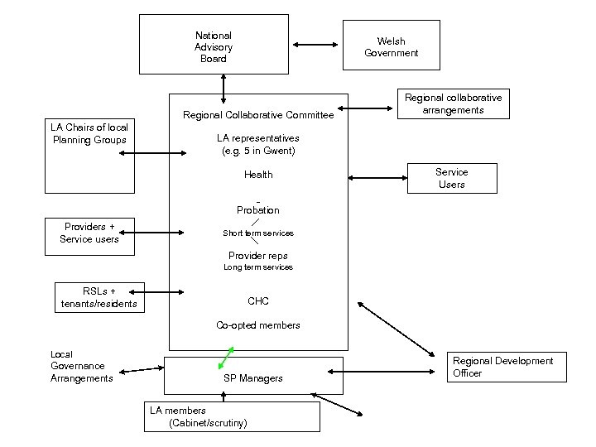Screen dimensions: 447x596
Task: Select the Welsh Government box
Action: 391,46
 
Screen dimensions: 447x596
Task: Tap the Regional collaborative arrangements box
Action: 453,103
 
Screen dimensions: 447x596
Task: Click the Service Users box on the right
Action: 451,178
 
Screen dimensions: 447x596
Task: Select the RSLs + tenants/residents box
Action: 99,298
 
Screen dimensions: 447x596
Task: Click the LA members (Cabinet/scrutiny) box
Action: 231,416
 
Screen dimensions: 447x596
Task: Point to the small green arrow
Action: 225,358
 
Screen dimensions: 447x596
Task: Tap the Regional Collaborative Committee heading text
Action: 258,115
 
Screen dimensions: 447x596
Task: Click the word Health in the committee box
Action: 258,175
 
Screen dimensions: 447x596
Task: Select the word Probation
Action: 258,210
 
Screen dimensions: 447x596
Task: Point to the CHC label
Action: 258,301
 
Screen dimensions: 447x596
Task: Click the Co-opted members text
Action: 258,325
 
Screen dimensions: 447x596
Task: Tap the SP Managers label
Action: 253,378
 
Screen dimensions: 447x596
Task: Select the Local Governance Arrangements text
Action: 81,366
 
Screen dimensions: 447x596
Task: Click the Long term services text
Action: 258,267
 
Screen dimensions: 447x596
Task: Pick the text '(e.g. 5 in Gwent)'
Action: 258,151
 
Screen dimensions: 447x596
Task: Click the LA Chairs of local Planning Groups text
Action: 89,133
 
